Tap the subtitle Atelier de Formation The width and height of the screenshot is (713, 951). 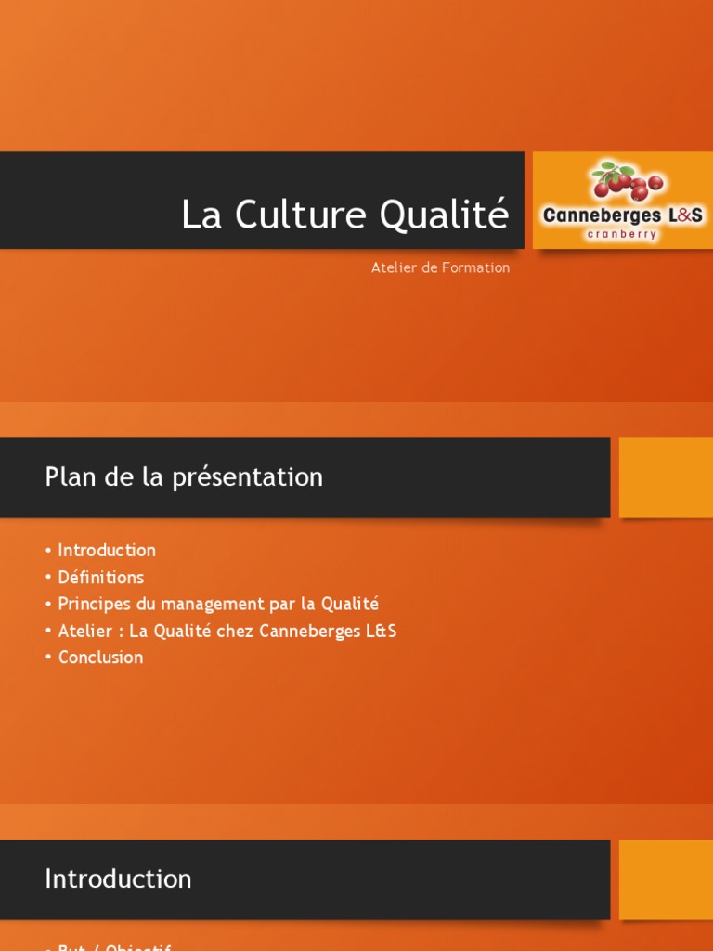pyautogui.click(x=440, y=267)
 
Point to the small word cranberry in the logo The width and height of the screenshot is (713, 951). pyautogui.click(x=622, y=235)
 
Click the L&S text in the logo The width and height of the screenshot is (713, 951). pyautogui.click(x=684, y=215)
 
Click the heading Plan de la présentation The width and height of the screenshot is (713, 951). pyautogui.click(x=184, y=477)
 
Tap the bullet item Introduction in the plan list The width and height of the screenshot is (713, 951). pyautogui.click(x=107, y=550)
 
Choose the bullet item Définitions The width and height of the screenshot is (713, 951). pyautogui.click(x=101, y=577)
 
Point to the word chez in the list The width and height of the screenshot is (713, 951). pyautogui.click(x=236, y=631)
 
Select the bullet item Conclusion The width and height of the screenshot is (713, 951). pyautogui.click(x=100, y=658)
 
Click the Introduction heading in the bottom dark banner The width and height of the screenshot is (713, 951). pyautogui.click(x=118, y=879)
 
